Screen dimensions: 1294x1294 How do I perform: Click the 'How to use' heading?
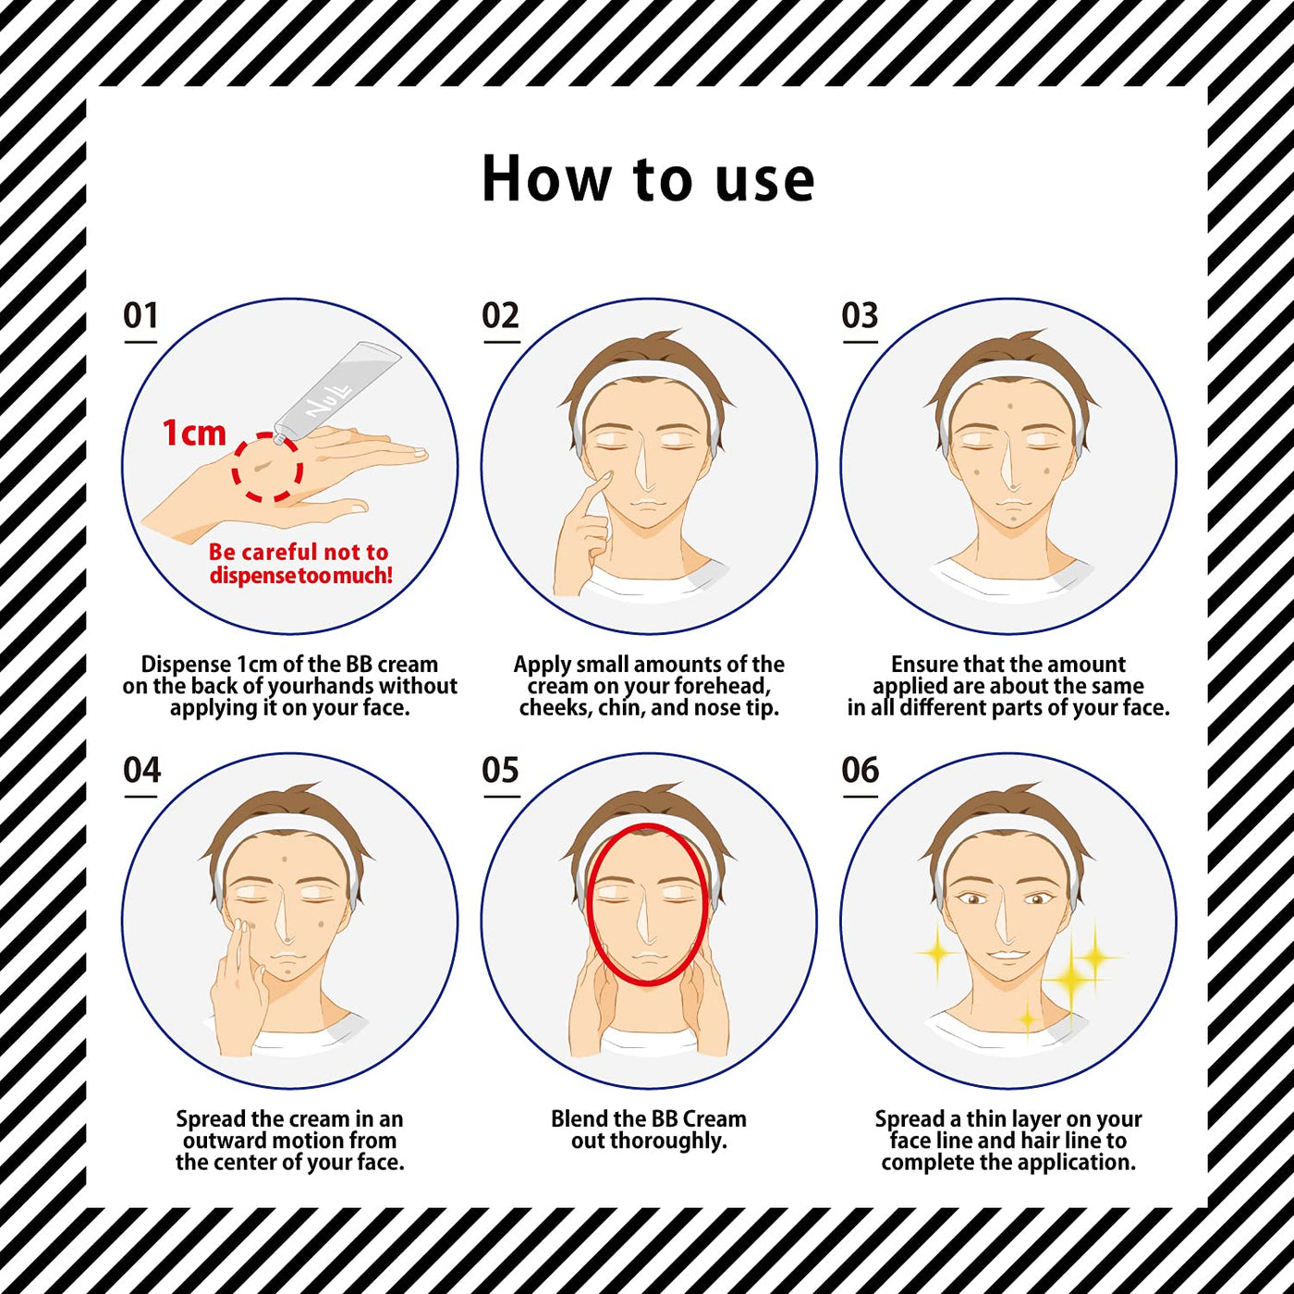(x=648, y=178)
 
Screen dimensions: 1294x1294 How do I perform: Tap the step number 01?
(x=140, y=315)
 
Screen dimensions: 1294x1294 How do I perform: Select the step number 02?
(x=500, y=315)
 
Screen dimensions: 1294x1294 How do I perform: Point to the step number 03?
(x=860, y=315)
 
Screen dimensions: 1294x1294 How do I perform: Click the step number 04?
(x=141, y=770)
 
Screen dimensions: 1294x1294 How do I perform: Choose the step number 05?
(x=500, y=770)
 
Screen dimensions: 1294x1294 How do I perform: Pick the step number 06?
(x=860, y=770)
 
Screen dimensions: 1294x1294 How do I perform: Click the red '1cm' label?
(x=194, y=433)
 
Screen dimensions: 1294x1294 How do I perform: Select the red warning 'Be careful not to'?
(x=299, y=552)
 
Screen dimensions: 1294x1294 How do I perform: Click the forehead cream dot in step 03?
(x=1010, y=407)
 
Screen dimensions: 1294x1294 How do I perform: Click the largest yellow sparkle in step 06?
(x=1072, y=980)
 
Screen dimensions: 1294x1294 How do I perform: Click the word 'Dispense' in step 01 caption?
(x=186, y=665)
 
